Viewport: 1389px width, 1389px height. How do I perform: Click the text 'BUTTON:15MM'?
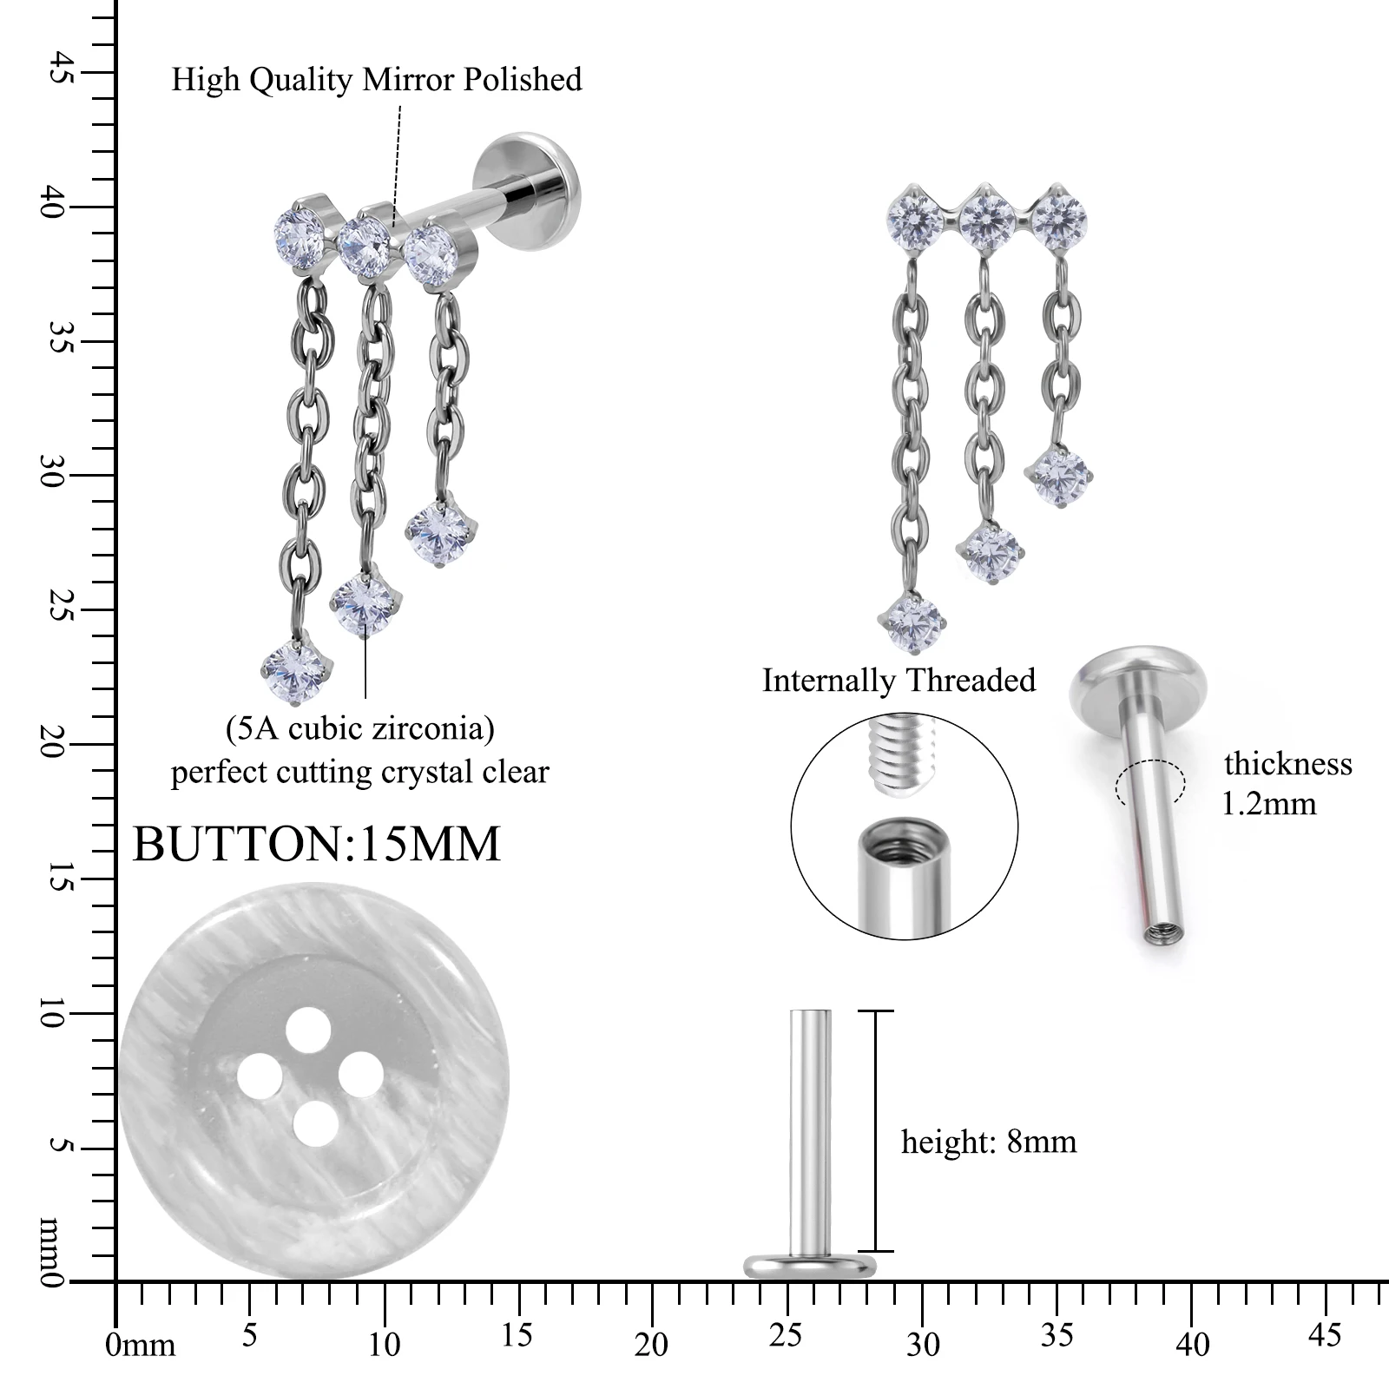(317, 843)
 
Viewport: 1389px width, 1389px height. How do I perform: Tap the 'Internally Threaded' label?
(899, 680)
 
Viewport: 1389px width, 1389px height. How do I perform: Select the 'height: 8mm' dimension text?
(989, 1142)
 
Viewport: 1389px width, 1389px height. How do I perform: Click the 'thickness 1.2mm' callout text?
(1287, 783)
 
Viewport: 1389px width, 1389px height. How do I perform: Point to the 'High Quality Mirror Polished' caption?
(376, 79)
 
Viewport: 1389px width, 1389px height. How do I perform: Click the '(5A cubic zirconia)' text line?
(360, 727)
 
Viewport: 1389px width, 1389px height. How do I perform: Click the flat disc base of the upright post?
(809, 1266)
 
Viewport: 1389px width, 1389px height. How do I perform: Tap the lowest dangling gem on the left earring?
(298, 668)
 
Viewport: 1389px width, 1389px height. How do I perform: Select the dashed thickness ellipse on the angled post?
(1149, 782)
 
